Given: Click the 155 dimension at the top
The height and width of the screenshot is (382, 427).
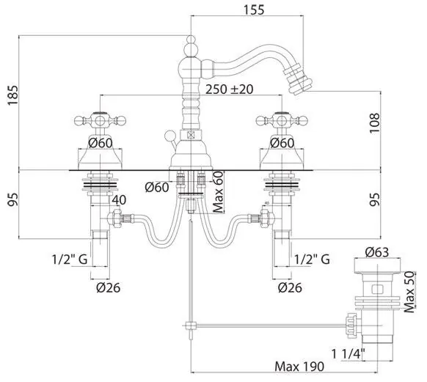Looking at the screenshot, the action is pyautogui.click(x=254, y=10).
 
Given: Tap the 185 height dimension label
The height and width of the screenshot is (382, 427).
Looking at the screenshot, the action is pyautogui.click(x=12, y=95).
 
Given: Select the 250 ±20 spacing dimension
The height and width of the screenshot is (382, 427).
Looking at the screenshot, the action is pyautogui.click(x=230, y=89).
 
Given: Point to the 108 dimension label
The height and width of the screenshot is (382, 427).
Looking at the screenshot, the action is pyautogui.click(x=374, y=122).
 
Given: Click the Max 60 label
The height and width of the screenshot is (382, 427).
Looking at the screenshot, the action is pyautogui.click(x=218, y=192).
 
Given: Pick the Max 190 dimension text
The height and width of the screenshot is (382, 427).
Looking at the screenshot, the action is pyautogui.click(x=299, y=366).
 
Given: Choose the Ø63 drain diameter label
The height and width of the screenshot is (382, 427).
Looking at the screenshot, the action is pyautogui.click(x=377, y=252).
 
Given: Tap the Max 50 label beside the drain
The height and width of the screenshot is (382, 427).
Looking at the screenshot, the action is pyautogui.click(x=409, y=292).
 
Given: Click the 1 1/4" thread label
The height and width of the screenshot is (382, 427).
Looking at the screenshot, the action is pyautogui.click(x=348, y=354).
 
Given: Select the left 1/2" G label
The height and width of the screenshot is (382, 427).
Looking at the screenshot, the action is pyautogui.click(x=70, y=260).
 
